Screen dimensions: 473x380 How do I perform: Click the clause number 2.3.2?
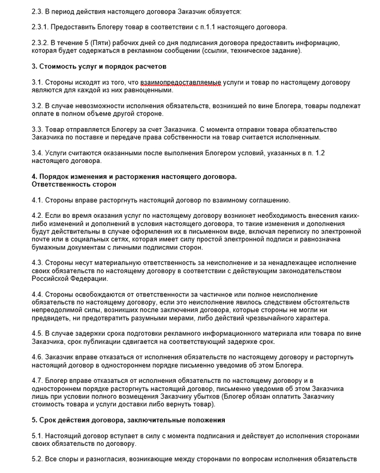(x=41, y=42)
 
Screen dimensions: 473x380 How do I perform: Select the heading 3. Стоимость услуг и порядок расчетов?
(x=99, y=66)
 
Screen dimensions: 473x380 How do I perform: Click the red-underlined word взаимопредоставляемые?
(x=180, y=82)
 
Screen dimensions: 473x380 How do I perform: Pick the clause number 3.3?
(x=38, y=129)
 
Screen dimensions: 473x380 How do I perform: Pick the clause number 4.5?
(x=38, y=334)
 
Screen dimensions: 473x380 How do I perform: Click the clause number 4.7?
(x=38, y=382)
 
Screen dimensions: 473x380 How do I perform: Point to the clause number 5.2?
(x=38, y=460)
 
